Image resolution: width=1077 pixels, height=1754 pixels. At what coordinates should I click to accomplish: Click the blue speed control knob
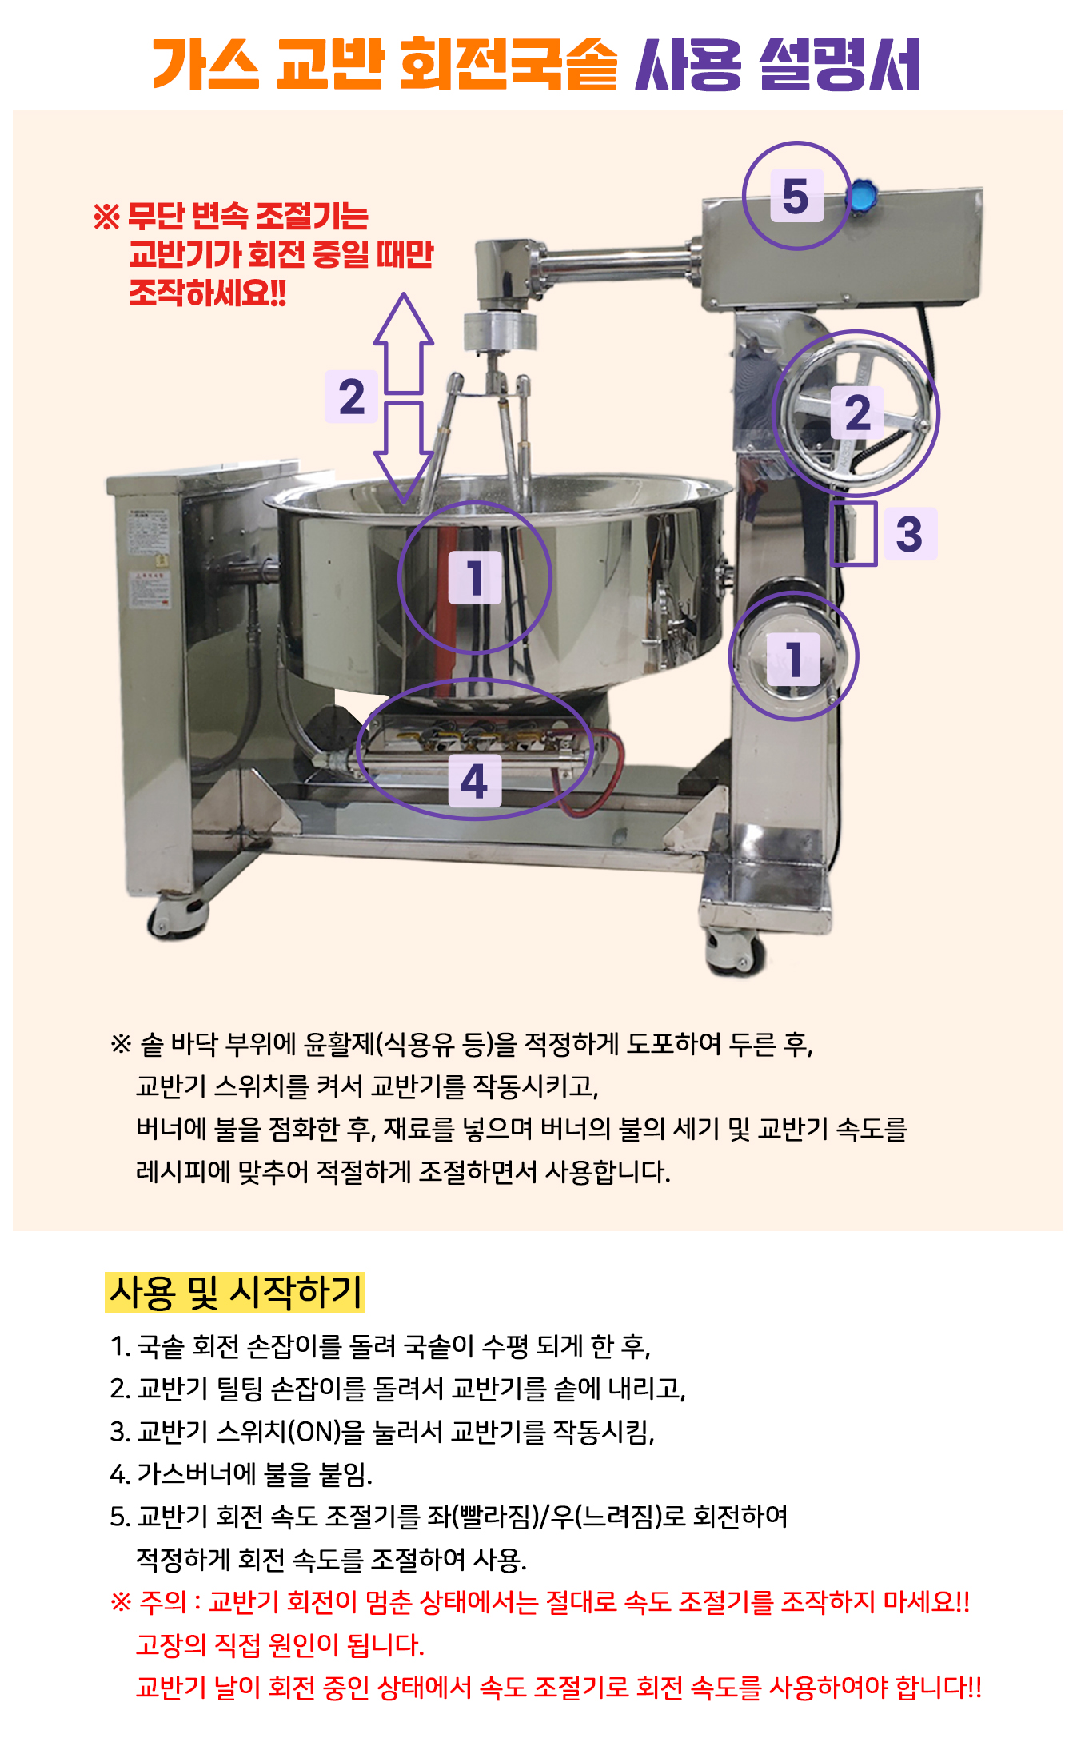(x=860, y=197)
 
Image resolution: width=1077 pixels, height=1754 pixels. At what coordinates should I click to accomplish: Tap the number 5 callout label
(x=796, y=196)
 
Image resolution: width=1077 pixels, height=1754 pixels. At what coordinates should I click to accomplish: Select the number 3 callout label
(x=909, y=533)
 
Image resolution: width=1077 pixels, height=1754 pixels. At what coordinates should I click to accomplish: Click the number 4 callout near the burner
(x=475, y=781)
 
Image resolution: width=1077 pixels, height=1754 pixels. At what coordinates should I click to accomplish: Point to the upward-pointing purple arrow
(x=404, y=343)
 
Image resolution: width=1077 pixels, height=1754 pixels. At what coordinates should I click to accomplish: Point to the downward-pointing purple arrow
(x=404, y=452)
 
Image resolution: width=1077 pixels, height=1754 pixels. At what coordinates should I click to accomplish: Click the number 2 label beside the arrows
(x=351, y=397)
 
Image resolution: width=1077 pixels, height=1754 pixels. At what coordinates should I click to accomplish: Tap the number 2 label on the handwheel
(x=858, y=413)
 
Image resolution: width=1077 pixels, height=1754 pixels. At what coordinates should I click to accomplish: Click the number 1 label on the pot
(x=475, y=577)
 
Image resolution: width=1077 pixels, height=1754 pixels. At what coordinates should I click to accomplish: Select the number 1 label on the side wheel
(x=794, y=660)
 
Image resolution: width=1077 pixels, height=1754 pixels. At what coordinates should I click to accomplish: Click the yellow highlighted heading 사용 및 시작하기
(x=235, y=1292)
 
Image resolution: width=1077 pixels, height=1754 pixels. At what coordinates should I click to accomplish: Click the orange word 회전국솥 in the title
(x=508, y=63)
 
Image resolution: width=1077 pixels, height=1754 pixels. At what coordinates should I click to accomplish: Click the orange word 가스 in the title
(x=205, y=63)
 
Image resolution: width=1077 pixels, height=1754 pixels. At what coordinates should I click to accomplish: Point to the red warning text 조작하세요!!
(x=208, y=293)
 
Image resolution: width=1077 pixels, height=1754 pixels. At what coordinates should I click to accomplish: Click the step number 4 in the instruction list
(x=118, y=1473)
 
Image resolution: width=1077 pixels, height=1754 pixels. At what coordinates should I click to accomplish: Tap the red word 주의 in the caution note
(x=163, y=1602)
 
